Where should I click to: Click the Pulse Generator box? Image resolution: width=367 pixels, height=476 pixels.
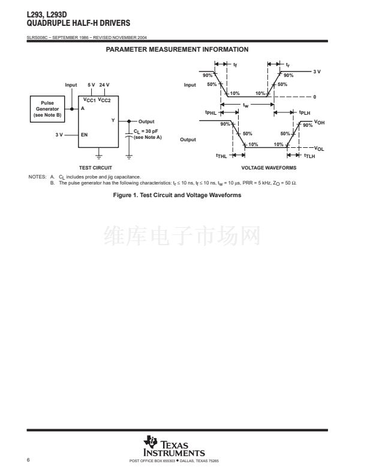(47, 109)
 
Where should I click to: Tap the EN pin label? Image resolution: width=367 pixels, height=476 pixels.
(84, 135)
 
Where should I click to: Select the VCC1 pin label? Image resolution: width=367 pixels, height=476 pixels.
(90, 100)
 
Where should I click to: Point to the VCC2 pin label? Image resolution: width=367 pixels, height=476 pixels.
(104, 100)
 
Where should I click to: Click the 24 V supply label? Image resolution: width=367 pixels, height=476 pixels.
(104, 85)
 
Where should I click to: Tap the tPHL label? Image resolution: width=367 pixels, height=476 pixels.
(210, 112)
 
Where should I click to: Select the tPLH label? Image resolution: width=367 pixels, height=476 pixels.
(305, 112)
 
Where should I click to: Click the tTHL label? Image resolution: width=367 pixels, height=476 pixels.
(221, 156)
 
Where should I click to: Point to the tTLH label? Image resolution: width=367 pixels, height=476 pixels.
(309, 156)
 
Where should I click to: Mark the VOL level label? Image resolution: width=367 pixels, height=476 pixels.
(320, 148)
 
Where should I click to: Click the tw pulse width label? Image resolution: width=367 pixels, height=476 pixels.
(246, 105)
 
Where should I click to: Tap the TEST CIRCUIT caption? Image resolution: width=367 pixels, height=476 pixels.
(95, 167)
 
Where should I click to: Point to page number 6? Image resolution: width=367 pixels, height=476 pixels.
(29, 460)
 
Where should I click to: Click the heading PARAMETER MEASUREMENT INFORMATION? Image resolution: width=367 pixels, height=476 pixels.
(177, 49)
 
